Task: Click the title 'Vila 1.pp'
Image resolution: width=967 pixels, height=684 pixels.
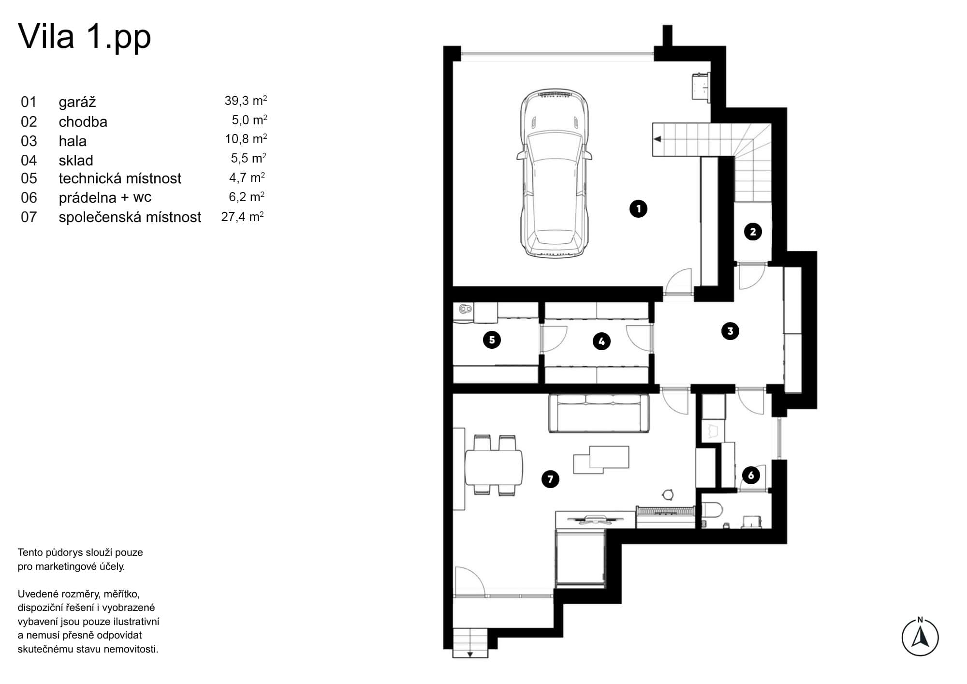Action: coord(85,37)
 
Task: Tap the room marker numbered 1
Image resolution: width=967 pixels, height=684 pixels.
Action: coord(638,209)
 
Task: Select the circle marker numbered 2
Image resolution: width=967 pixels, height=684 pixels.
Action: coord(753,232)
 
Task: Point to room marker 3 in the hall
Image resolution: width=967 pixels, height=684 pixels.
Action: coord(730,331)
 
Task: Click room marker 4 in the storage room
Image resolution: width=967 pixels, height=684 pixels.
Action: coord(601,342)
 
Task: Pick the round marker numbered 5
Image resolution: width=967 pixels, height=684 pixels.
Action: coord(492,340)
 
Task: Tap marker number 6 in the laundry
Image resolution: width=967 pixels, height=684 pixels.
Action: coord(751,476)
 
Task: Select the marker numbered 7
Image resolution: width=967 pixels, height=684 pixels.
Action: coord(550,479)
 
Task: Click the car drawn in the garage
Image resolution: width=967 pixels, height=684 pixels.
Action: coord(554,173)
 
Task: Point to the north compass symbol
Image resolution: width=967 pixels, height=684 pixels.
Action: coord(920,637)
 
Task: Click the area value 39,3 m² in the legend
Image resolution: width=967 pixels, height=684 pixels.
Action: coord(246,101)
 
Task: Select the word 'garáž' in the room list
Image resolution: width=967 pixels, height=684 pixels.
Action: coord(77,102)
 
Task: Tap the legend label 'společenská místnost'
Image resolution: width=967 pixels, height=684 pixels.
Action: coord(130,217)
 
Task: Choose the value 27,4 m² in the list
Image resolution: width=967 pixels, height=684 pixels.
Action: coord(242,217)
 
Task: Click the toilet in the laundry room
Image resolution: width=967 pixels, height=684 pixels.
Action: coord(712,510)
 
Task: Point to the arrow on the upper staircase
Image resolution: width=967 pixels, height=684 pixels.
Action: coord(657,139)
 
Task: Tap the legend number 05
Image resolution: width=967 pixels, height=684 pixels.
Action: coord(29,178)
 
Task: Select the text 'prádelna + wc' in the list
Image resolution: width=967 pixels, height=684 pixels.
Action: coord(105,198)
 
